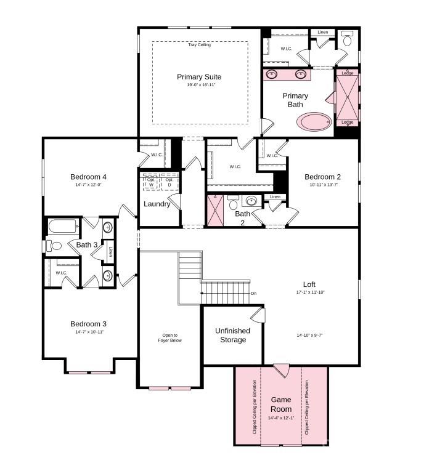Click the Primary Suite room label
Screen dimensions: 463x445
pyautogui.click(x=199, y=77)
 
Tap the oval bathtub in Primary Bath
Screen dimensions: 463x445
pyautogui.click(x=314, y=121)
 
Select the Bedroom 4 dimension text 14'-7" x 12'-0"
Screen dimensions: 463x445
pyautogui.click(x=88, y=185)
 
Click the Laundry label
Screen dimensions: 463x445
pyautogui.click(x=157, y=204)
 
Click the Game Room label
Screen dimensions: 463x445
pyautogui.click(x=281, y=405)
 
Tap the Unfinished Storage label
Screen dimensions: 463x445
pyautogui.click(x=232, y=335)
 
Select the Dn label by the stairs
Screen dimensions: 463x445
pyautogui.click(x=253, y=293)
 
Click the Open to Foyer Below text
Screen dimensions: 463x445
pyautogui.click(x=169, y=337)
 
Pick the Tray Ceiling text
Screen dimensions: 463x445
pyautogui.click(x=200, y=45)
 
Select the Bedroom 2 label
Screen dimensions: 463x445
pyautogui.click(x=322, y=177)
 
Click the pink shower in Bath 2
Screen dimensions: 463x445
pyautogui.click(x=216, y=210)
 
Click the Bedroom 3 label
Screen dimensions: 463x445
pyautogui.click(x=88, y=324)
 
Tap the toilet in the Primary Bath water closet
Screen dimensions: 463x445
pyautogui.click(x=347, y=41)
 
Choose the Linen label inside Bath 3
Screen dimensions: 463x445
pyautogui.click(x=110, y=252)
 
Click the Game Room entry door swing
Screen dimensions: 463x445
pyautogui.click(x=281, y=370)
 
